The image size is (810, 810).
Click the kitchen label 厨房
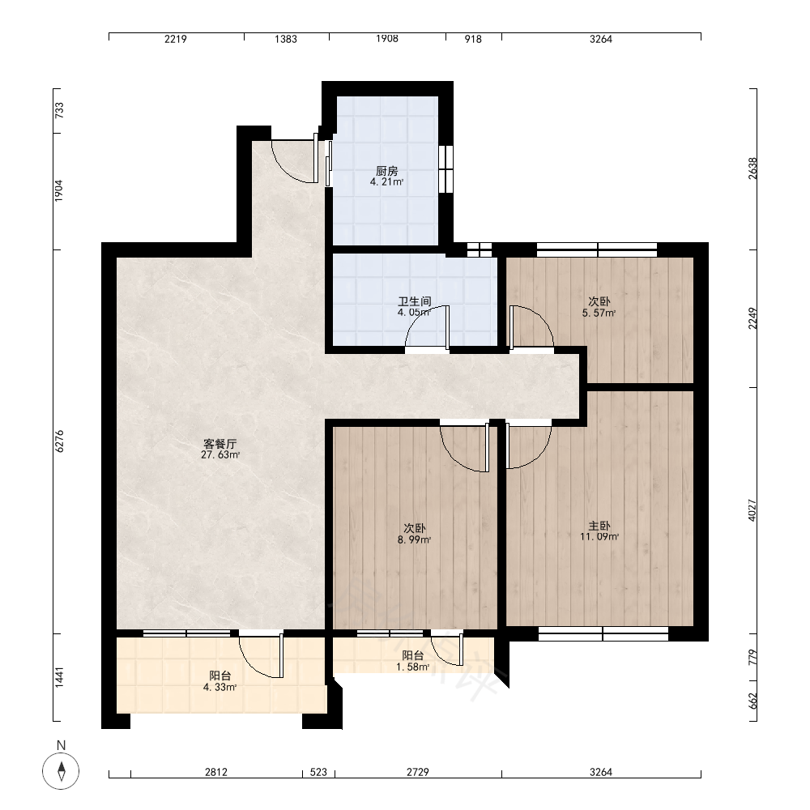tap(386, 171)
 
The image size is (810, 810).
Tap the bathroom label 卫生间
tap(414, 301)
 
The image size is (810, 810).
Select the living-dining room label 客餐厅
tap(220, 444)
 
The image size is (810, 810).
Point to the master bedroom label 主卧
tap(599, 526)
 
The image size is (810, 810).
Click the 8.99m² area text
tap(414, 539)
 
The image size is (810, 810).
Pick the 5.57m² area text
tap(599, 313)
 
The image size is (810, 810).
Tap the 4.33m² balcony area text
tap(220, 688)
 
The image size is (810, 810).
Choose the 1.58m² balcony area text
tap(413, 667)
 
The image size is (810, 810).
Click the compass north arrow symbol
tap(61, 771)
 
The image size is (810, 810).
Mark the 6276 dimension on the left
tap(60, 441)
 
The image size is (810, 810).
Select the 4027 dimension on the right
tap(752, 510)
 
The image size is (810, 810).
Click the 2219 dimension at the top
tap(176, 39)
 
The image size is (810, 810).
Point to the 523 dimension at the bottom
tap(318, 772)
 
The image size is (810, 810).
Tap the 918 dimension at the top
tap(473, 39)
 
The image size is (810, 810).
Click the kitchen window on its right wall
tap(446, 169)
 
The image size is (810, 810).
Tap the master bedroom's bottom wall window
tap(603, 633)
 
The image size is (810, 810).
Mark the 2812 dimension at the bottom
tap(216, 772)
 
